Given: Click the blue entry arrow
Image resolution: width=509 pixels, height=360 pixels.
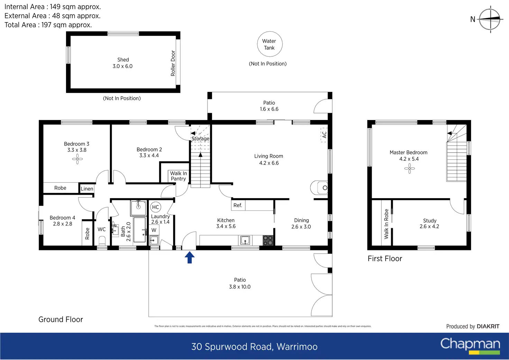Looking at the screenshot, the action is tap(189, 257).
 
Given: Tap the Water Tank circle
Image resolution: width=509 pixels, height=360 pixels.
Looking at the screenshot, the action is tap(270, 44).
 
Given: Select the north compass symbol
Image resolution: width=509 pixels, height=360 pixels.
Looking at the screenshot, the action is tap(490, 19).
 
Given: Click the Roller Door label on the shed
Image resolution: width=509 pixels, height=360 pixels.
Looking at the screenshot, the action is tap(173, 63).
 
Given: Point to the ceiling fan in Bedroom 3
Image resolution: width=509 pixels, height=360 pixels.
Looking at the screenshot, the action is tap(77, 159).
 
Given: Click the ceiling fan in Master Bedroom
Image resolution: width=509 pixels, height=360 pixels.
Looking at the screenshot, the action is tap(409, 168).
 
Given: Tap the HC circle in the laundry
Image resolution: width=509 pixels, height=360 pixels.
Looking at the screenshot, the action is tap(156, 207).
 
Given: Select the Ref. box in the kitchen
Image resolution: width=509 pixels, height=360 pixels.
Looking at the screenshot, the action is tap(238, 205).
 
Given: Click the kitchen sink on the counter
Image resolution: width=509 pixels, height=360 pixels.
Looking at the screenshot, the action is tap(245, 240).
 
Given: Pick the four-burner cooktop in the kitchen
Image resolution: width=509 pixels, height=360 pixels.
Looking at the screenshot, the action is tap(268, 240).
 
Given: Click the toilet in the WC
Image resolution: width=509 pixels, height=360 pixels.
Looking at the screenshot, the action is tap(102, 240).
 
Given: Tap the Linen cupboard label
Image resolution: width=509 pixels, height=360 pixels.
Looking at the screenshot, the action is tap(87, 189).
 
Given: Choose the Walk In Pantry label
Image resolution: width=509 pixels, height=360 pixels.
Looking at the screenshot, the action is tap(178, 176).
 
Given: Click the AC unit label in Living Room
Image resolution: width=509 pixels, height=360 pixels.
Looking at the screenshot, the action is tap(324, 135).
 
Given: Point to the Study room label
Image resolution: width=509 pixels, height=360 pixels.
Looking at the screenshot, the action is tap(429, 223).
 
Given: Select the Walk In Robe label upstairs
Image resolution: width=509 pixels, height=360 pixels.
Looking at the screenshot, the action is tap(386, 224).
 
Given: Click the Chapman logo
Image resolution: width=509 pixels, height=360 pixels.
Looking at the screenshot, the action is tap(470, 345).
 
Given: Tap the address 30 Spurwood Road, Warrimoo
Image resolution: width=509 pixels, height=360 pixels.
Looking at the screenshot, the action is tap(254, 347).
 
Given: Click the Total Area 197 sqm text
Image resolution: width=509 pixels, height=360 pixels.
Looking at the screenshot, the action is tap(48, 25).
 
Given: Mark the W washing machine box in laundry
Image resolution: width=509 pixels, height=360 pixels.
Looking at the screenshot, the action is tap(154, 230).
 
